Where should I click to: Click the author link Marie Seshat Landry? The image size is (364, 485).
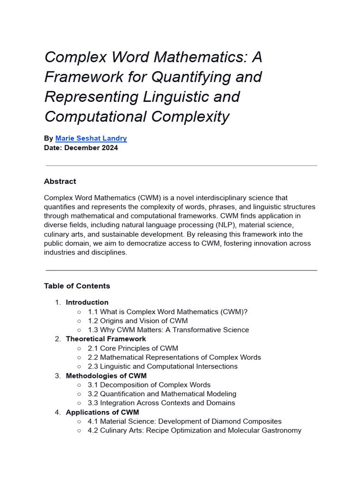pyautogui.click(x=91, y=138)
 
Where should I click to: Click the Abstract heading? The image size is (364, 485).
pyautogui.click(x=60, y=181)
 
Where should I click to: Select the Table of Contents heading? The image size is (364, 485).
pyautogui.click(x=77, y=286)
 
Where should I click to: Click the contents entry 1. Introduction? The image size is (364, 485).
pyautogui.click(x=87, y=302)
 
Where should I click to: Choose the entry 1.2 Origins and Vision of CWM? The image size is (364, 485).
pyautogui.click(x=137, y=321)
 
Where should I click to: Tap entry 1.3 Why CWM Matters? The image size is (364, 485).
pyautogui.click(x=168, y=330)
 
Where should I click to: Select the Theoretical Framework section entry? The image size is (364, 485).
pyautogui.click(x=106, y=339)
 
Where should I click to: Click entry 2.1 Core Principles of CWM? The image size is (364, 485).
pyautogui.click(x=133, y=348)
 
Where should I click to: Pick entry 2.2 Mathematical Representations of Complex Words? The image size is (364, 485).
pyautogui.click(x=174, y=357)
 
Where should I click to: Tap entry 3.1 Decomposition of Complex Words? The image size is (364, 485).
pyautogui.click(x=149, y=385)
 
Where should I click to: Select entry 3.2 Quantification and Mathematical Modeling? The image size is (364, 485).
pyautogui.click(x=162, y=394)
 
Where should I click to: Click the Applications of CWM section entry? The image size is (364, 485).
pyautogui.click(x=102, y=412)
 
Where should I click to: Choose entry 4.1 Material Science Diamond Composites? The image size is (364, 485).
pyautogui.click(x=184, y=421)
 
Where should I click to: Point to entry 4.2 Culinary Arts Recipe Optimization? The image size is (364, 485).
pyautogui.click(x=194, y=431)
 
